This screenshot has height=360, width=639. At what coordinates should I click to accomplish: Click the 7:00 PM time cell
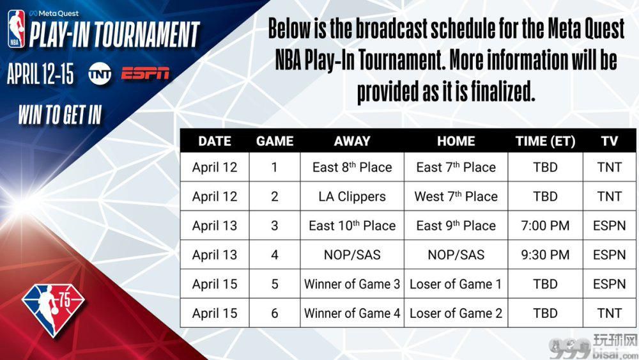545,226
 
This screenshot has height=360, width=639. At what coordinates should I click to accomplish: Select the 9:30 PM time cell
545,254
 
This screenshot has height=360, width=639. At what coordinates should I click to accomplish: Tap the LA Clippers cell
352,196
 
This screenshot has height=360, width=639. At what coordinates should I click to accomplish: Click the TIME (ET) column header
545,141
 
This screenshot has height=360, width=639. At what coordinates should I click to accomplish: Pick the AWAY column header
352,141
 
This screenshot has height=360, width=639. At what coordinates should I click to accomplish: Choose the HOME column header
456,141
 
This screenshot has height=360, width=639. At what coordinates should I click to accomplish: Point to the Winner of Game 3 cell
352,284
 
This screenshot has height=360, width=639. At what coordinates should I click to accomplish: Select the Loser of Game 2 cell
456,313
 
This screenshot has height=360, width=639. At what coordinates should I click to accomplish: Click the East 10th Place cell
352,226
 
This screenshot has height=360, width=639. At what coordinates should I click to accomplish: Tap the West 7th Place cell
456,196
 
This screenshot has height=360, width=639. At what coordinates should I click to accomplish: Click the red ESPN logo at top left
145,74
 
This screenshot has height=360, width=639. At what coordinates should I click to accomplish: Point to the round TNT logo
100,74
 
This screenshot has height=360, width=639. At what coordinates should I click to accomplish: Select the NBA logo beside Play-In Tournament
17,29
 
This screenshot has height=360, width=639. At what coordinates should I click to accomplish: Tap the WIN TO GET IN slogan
60,114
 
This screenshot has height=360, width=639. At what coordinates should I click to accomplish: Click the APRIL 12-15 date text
40,74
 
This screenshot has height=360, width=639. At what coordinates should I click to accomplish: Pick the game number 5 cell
275,284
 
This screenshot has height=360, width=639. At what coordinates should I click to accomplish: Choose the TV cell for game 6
609,313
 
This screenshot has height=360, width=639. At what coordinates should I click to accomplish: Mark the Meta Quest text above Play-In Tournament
54,13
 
